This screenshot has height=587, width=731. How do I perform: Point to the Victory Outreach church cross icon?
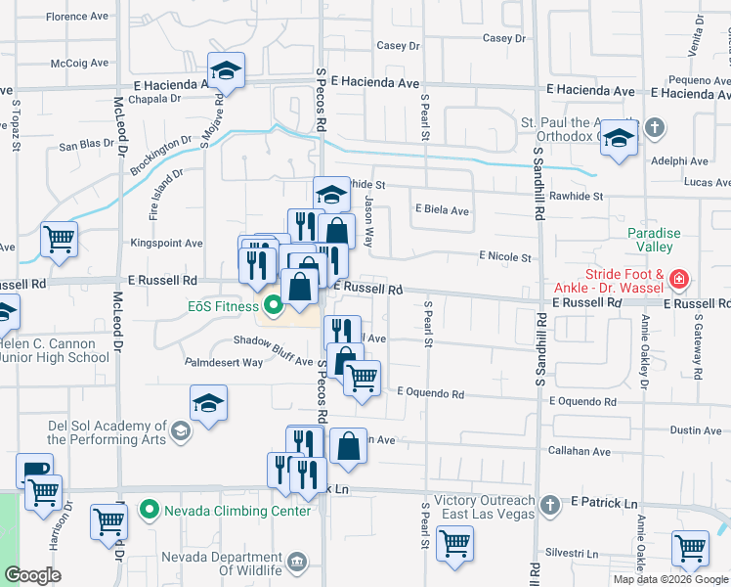[550, 505]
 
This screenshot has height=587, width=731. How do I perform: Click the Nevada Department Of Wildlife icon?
[298, 562]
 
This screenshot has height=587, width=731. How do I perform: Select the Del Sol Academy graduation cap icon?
[180, 430]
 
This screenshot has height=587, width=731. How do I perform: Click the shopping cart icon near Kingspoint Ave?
[60, 238]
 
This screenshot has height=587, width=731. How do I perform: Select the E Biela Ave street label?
[442, 210]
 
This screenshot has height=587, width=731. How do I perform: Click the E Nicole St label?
[504, 257]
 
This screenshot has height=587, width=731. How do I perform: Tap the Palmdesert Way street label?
[225, 362]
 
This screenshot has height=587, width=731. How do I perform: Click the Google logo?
[32, 575]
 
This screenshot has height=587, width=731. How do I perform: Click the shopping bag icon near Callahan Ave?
[348, 447]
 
